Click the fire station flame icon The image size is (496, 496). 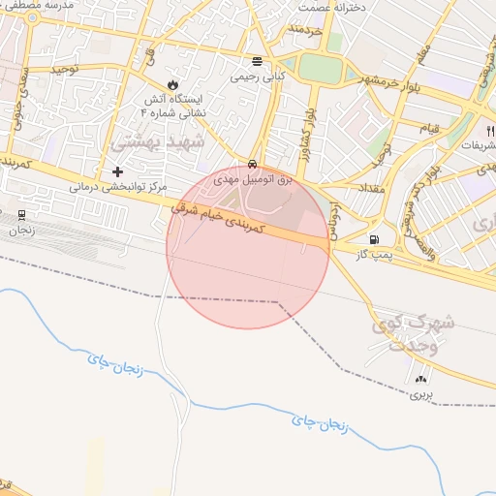(x=173, y=85)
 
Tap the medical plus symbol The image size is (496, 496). (x=118, y=171)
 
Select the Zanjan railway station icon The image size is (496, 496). (x=22, y=214)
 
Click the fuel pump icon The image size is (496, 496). (x=374, y=239)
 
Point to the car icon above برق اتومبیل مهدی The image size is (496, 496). (x=252, y=164)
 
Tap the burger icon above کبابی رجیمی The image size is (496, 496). (x=257, y=59)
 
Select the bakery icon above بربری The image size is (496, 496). (x=420, y=379)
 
